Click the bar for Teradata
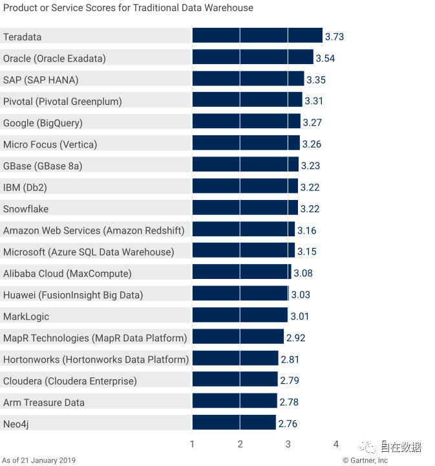point(257,36)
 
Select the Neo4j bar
point(234,423)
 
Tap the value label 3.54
point(325,58)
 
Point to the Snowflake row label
point(26,209)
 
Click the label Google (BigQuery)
point(43,123)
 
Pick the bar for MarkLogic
point(240,316)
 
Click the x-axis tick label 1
point(192,444)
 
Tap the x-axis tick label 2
point(240,444)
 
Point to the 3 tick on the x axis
point(288,444)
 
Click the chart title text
point(128,8)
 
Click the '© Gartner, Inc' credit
point(365,460)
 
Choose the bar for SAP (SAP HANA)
point(248,80)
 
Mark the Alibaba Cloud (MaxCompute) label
point(67,273)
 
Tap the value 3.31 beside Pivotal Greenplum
point(314,101)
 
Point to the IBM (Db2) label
point(25,188)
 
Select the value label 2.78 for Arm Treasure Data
point(289,403)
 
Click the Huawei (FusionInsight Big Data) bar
point(240,294)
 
